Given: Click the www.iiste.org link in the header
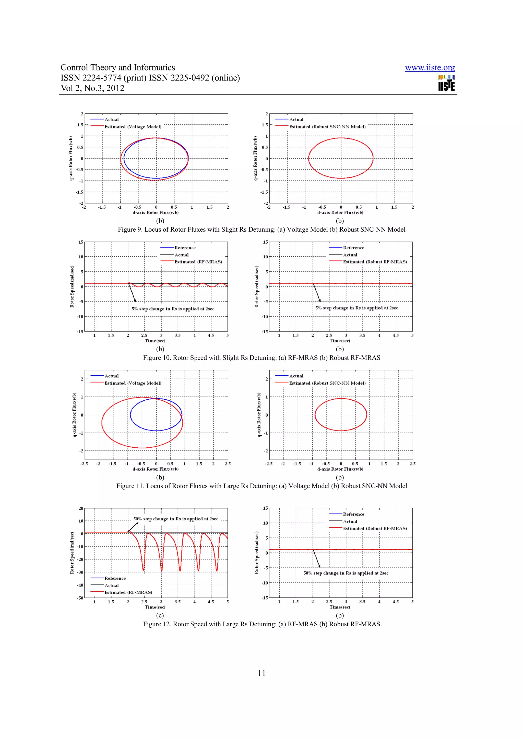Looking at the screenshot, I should coord(430,68).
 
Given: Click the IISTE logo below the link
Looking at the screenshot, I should coord(446,83).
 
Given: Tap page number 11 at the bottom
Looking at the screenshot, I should coord(261,673).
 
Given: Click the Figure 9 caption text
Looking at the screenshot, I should coord(261,230).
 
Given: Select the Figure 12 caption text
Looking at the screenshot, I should coord(261,624).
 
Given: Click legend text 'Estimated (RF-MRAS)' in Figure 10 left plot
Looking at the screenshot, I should coord(198,262).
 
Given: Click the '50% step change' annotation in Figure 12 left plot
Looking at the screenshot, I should coord(176,519).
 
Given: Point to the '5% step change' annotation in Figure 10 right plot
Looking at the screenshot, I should coord(356,308).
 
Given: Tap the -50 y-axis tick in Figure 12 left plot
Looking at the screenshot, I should coord(80,598).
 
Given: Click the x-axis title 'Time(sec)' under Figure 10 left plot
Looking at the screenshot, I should coord(155,341).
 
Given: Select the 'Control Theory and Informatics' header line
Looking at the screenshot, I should coord(118,67).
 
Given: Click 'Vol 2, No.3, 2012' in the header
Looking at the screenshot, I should coord(92,88).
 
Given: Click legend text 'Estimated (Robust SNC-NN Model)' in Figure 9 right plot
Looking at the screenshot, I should coord(327,127).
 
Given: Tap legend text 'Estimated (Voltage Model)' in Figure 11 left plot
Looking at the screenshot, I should coord(133,383).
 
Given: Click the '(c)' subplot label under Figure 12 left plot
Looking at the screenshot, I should coord(160,615).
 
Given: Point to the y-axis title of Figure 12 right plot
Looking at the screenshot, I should coord(256,553).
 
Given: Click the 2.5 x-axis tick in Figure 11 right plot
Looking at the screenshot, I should coord(412,464).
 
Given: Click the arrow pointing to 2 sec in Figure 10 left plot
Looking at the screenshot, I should coord(132,293).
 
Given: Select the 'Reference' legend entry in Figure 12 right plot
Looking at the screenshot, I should coord(353,514).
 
